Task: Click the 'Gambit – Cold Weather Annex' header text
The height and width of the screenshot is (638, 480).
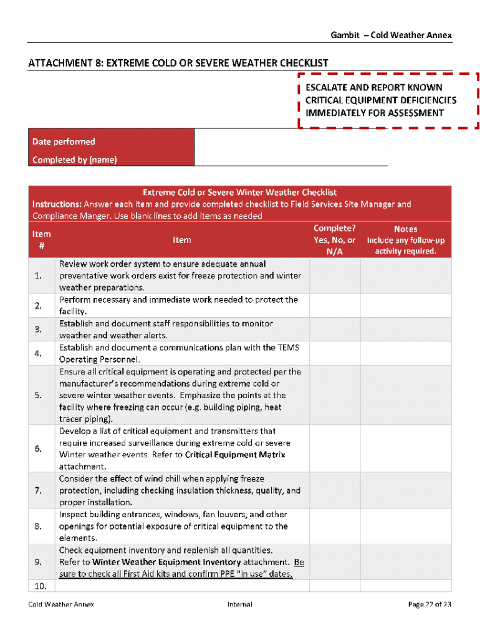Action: pyautogui.click(x=391, y=35)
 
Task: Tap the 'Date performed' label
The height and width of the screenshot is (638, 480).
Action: pyautogui.click(x=64, y=142)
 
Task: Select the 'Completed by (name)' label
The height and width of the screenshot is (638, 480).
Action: pyautogui.click(x=74, y=160)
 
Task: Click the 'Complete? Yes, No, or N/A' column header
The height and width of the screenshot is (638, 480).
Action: pyautogui.click(x=335, y=240)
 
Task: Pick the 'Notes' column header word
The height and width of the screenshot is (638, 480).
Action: pyautogui.click(x=406, y=229)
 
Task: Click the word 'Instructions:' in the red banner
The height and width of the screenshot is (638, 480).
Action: pyautogui.click(x=57, y=204)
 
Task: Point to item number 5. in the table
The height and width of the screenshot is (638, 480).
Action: pyautogui.click(x=39, y=396)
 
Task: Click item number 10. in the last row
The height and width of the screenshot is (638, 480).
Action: pyautogui.click(x=39, y=586)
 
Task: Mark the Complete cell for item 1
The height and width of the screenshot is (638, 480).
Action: pyautogui.click(x=335, y=276)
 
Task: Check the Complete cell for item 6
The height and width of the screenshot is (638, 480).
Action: pyautogui.click(x=335, y=449)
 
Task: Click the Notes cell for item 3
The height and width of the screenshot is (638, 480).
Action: pyautogui.click(x=406, y=330)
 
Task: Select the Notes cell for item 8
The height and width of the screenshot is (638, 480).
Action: pyautogui.click(x=406, y=526)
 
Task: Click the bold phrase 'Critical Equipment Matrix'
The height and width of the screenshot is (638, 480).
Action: pyautogui.click(x=235, y=455)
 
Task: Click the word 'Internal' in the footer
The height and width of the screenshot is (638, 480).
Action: pyautogui.click(x=240, y=604)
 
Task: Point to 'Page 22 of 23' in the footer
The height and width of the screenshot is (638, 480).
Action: pyautogui.click(x=430, y=604)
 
